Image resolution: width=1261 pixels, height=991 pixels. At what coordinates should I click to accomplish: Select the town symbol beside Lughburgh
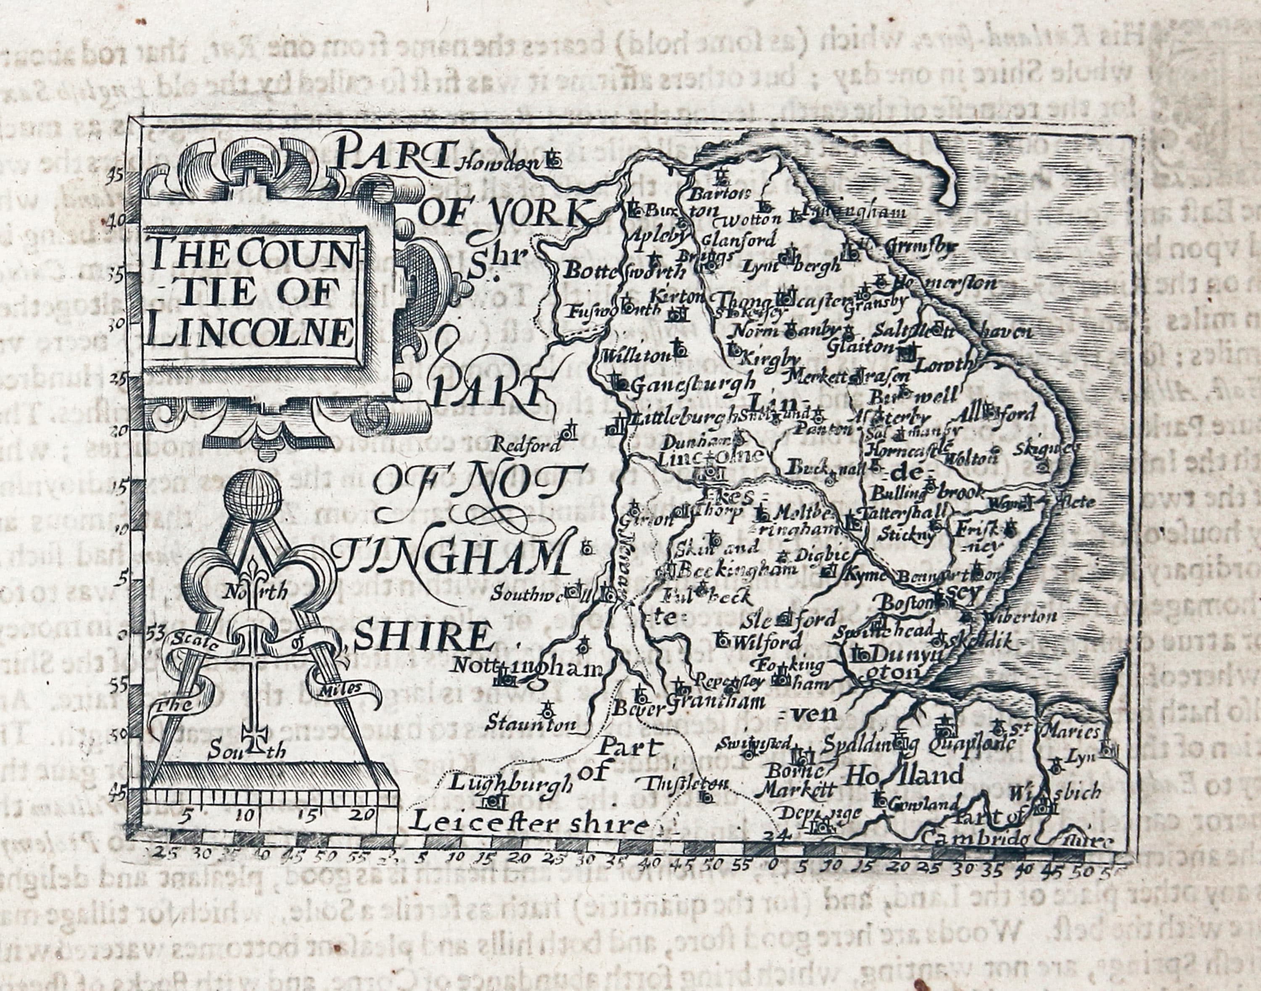493,801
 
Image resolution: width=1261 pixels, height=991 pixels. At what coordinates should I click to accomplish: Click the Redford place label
526,446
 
